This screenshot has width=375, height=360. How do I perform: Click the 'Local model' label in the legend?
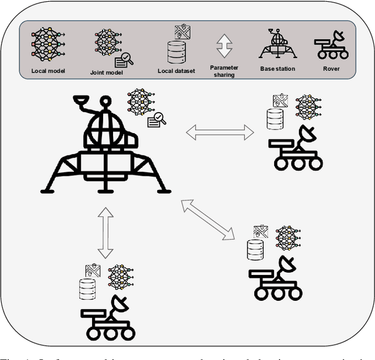click(48, 71)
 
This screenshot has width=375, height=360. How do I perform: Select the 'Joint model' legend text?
click(105, 72)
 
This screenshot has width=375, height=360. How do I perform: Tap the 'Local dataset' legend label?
click(174, 71)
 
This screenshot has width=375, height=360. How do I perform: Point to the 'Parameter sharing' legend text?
click(224, 71)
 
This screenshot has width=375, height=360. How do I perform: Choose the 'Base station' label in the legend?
click(278, 69)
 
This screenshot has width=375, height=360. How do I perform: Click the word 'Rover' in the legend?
click(331, 69)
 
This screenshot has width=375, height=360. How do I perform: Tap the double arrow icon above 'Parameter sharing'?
click(224, 45)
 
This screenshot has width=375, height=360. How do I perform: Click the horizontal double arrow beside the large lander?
click(220, 133)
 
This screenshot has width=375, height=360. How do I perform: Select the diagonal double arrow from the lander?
click(208, 219)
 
